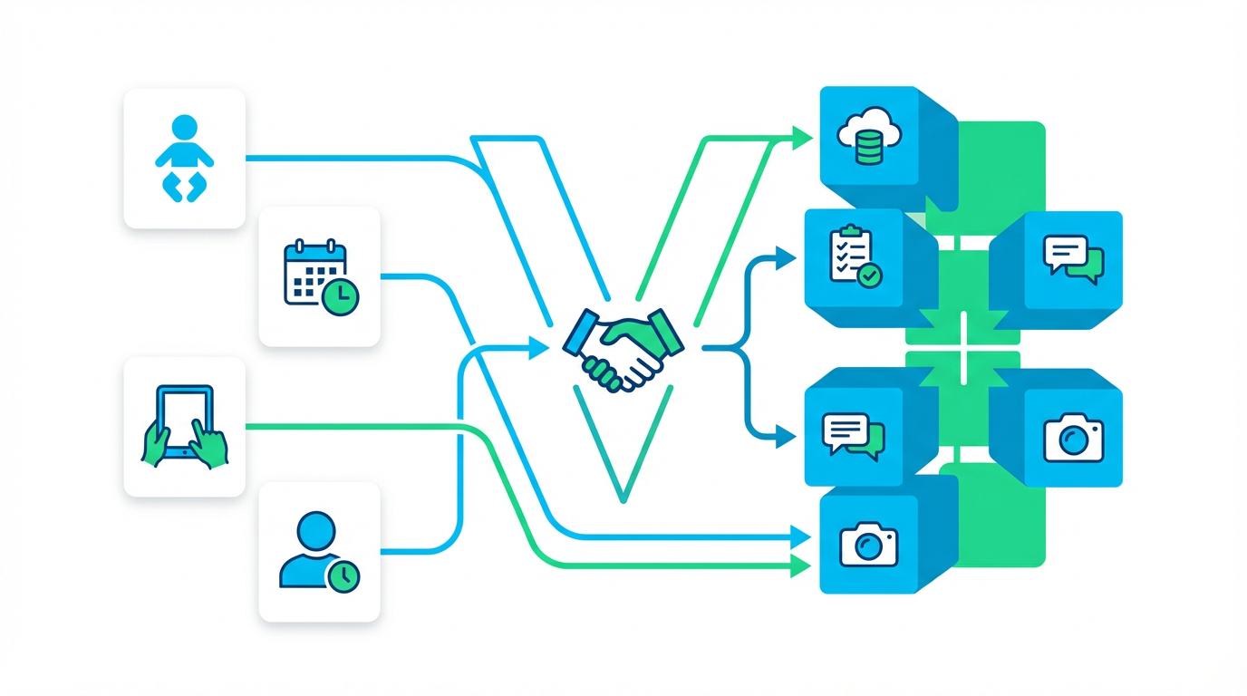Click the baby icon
tap(184, 159)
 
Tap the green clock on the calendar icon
tap(342, 296)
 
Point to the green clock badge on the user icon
tap(344, 575)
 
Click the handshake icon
tap(623, 348)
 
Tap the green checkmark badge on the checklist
tap(870, 275)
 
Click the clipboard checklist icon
tap(854, 256)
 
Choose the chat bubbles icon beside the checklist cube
tap(1074, 256)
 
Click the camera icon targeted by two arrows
tap(868, 543)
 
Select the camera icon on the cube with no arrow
tap(1074, 436)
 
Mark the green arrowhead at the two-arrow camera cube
tap(801, 567)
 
